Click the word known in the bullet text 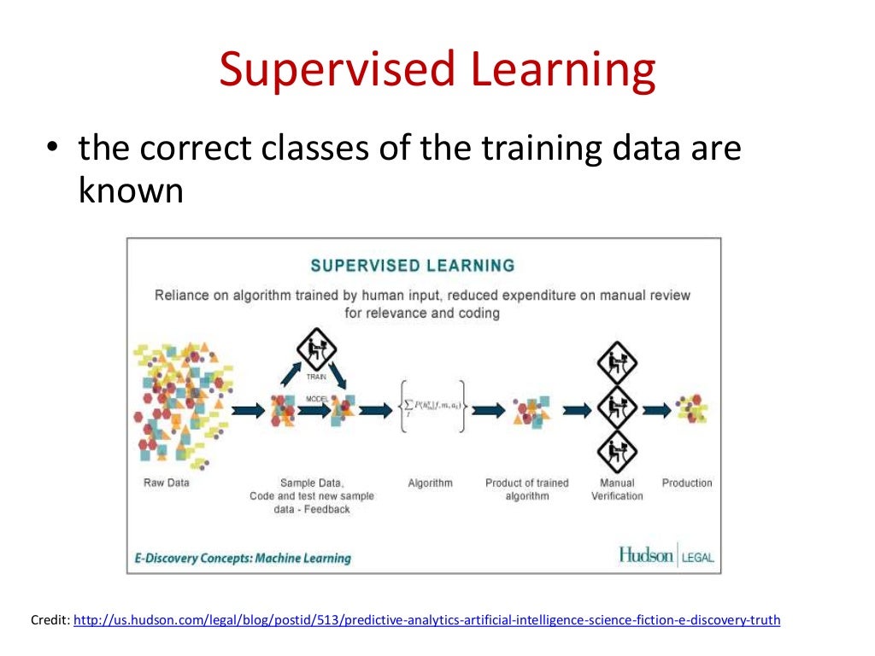click(131, 190)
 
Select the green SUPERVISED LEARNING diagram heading click(413, 265)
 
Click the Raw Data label click(166, 483)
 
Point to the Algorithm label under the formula click(430, 483)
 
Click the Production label click(686, 483)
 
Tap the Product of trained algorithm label click(526, 489)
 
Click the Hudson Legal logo click(666, 556)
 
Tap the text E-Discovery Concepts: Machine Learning click(243, 558)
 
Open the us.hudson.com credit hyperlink click(426, 620)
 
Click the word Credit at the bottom click(49, 620)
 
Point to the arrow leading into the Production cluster click(655, 410)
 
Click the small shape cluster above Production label click(691, 409)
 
